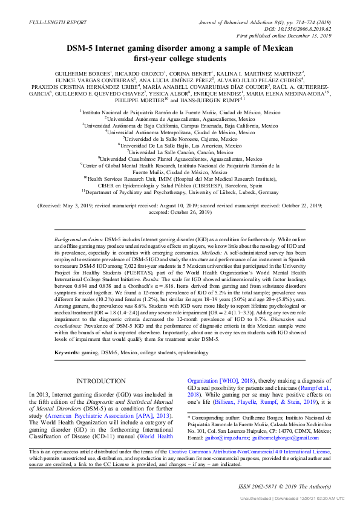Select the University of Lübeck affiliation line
180,192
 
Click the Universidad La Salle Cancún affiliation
180,152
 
